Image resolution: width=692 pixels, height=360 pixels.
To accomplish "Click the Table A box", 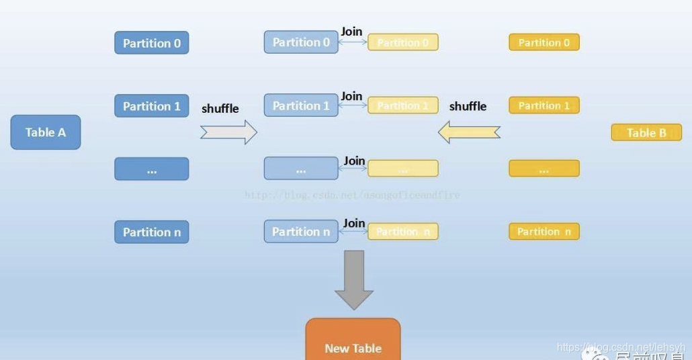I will point(46,132).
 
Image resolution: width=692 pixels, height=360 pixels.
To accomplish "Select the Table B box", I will point(646,132).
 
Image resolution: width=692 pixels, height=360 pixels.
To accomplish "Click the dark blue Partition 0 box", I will point(152,43).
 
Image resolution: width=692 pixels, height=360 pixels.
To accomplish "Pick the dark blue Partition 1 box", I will point(152,106).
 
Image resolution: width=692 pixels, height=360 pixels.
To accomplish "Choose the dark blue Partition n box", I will point(152,232).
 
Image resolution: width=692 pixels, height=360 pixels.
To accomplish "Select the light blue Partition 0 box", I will point(301,42).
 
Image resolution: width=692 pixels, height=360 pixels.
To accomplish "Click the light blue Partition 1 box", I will point(301,105).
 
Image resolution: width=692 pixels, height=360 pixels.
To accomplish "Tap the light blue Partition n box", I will point(301,232).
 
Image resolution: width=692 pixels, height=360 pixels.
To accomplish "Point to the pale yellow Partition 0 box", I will point(403,42).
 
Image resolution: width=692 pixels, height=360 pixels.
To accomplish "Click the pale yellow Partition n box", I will point(403,232).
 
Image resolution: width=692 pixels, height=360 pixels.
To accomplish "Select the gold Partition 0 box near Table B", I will point(544,42).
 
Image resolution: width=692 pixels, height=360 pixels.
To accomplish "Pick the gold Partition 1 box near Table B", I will point(544,105).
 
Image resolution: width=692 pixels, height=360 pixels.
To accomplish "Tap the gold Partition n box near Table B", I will point(544,232).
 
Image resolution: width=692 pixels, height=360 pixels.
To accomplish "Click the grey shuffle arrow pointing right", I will point(228,132).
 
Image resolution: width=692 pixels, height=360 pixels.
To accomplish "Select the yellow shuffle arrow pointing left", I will point(469,132).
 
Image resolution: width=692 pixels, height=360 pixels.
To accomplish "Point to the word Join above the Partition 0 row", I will point(351,32).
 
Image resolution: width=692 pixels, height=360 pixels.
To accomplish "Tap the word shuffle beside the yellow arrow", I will point(468,106).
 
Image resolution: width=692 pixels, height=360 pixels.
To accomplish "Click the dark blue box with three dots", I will point(152,169).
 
